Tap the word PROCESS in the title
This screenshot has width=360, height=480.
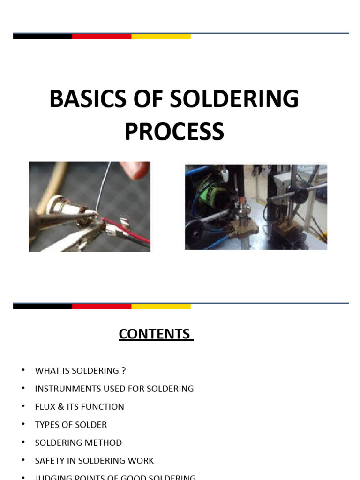pyautogui.click(x=174, y=132)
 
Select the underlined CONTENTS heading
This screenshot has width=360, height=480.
pyautogui.click(x=156, y=334)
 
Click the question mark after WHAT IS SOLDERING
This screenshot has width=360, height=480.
pyautogui.click(x=124, y=371)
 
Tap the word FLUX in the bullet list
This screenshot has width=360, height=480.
pyautogui.click(x=45, y=407)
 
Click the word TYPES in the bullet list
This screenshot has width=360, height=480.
pyautogui.click(x=47, y=425)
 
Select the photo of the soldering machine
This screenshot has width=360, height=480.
pyautogui.click(x=256, y=207)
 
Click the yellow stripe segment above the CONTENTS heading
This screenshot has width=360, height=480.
pyautogui.click(x=161, y=307)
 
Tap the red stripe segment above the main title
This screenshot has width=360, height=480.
pyautogui.click(x=102, y=37)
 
